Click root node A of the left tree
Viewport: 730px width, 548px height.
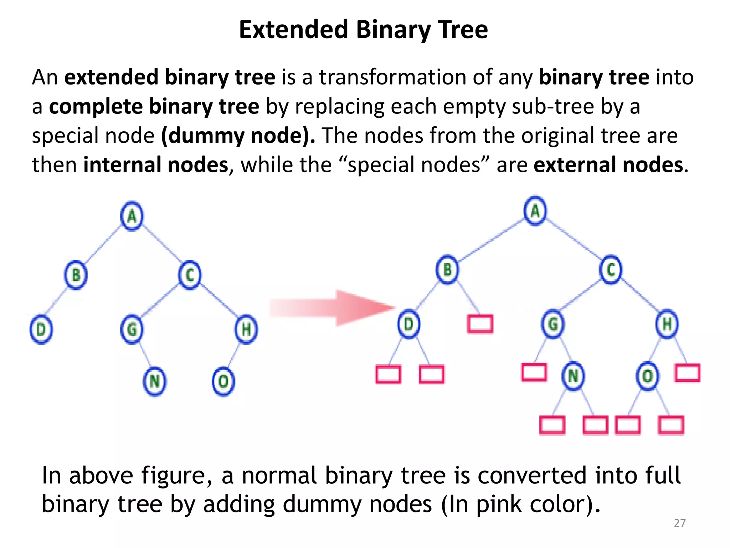132,216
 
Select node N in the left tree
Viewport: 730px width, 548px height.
154,381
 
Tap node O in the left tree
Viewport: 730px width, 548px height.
223,381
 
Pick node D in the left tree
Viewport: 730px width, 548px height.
41,329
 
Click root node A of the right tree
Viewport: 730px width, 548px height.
535,211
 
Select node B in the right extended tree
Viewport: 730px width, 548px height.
447,270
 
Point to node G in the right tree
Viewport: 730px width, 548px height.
552,324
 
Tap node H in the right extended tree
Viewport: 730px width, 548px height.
667,324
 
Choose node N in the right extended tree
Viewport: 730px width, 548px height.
573,376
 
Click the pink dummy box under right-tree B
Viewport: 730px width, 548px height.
480,324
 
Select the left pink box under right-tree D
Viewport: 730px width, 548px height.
388,374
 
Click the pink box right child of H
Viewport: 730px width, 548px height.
687,372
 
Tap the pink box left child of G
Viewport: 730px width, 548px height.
534,372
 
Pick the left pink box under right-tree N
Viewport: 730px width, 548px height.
552,425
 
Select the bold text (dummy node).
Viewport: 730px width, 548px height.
238,136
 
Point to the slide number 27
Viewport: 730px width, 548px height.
680,523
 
